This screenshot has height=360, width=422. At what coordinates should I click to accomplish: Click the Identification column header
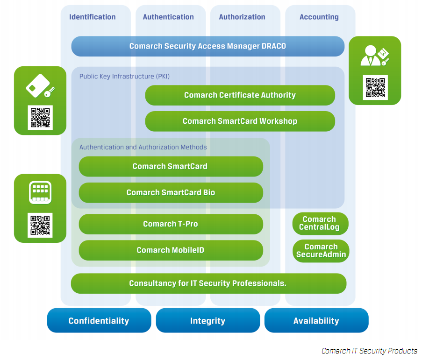pyautogui.click(x=92, y=17)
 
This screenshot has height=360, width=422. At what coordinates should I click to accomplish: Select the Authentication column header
pyautogui.click(x=168, y=17)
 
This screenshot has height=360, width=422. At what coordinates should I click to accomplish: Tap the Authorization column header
pyautogui.click(x=242, y=17)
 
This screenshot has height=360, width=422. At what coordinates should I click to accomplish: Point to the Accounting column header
pyautogui.click(x=319, y=17)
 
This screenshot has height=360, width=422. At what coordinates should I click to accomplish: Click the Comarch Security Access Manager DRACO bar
pyautogui.click(x=207, y=46)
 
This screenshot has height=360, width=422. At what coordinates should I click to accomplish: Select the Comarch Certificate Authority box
pyautogui.click(x=240, y=95)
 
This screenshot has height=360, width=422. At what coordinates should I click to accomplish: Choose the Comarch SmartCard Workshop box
pyautogui.click(x=240, y=121)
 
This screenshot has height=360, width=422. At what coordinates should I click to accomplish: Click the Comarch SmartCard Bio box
pyautogui.click(x=171, y=192)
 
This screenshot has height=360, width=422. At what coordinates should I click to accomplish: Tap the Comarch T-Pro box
pyautogui.click(x=171, y=224)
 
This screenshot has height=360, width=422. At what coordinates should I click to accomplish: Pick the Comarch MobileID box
pyautogui.click(x=171, y=250)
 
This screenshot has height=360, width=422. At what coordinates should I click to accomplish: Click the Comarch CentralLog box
pyautogui.click(x=320, y=224)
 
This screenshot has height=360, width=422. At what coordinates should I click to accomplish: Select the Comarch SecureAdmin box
pyautogui.click(x=321, y=251)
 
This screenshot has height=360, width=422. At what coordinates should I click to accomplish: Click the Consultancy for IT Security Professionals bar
pyautogui.click(x=208, y=283)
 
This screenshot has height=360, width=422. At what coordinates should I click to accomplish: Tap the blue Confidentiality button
pyautogui.click(x=99, y=321)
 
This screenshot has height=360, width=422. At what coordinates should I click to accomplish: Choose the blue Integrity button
pyautogui.click(x=207, y=321)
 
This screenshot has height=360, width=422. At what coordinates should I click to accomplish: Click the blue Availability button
pyautogui.click(x=316, y=321)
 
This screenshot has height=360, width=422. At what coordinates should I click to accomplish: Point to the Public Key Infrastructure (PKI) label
pyautogui.click(x=124, y=76)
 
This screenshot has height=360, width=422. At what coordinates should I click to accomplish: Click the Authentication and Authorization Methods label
pyautogui.click(x=143, y=147)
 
